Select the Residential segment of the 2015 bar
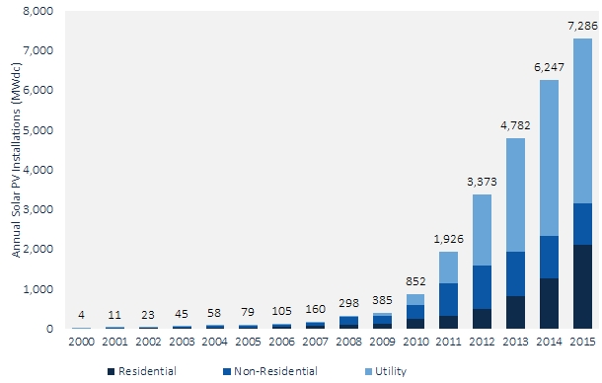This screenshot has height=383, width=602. pos(582,286)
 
